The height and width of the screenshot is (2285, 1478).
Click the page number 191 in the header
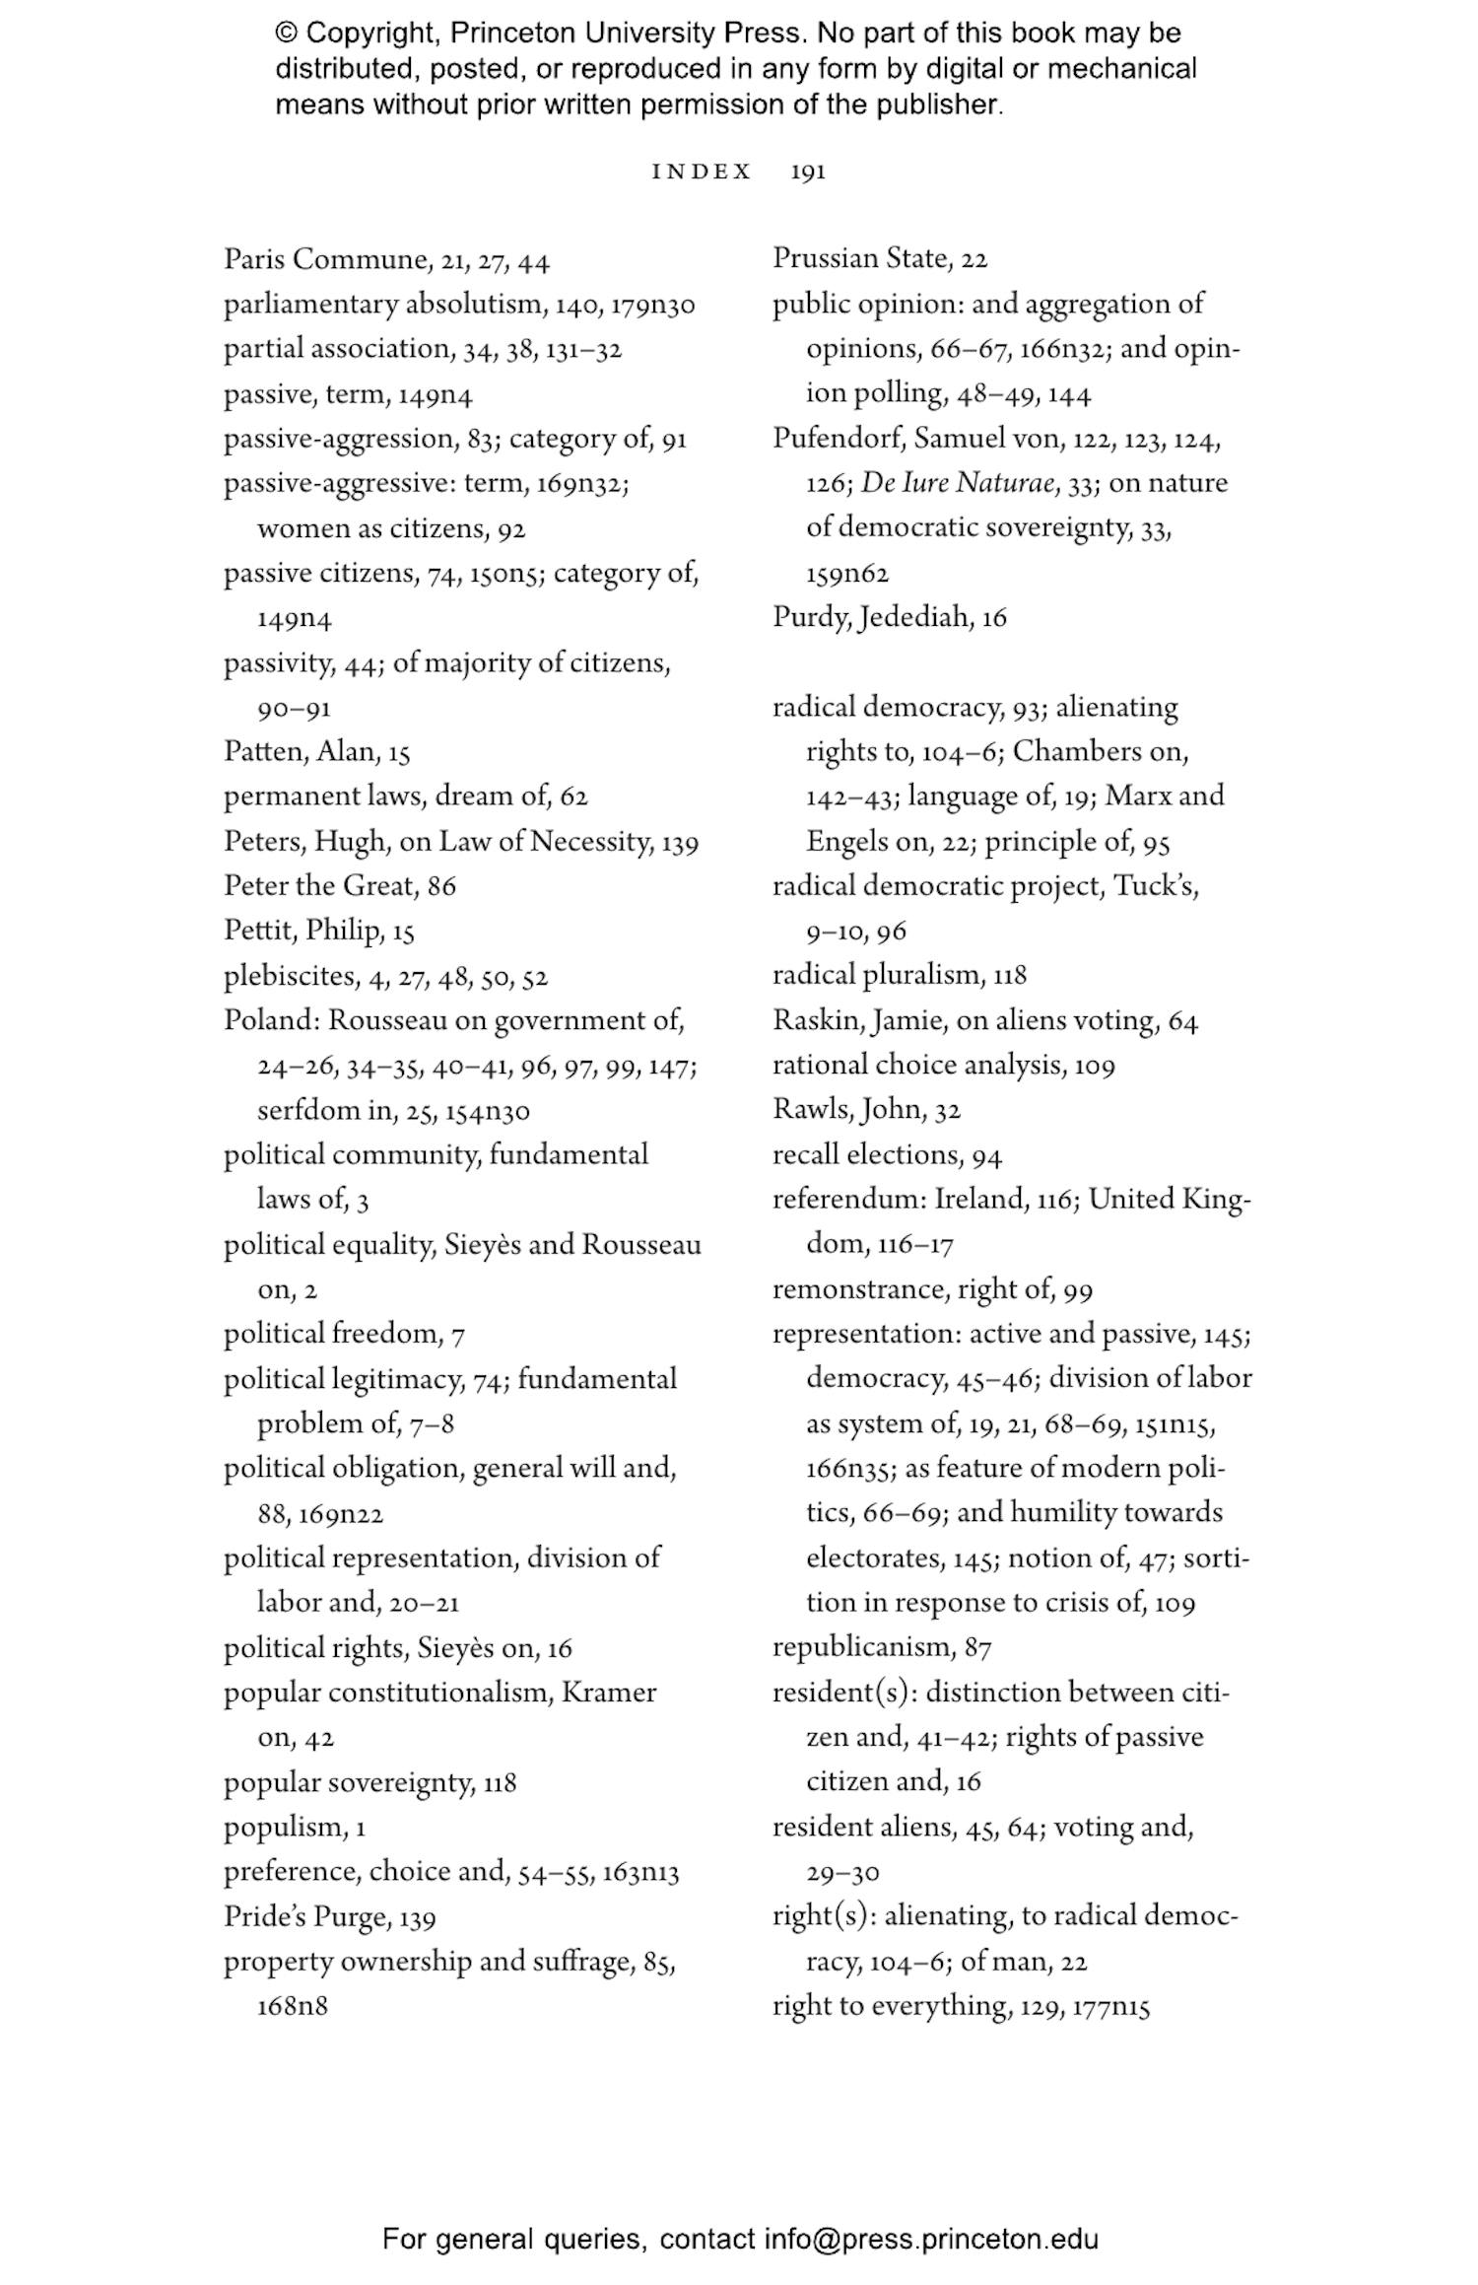coord(807,173)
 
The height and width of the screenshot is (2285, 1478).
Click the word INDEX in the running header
coord(702,173)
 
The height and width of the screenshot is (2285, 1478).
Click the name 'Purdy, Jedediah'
coord(872,618)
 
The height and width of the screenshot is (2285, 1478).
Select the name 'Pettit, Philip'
coord(302,931)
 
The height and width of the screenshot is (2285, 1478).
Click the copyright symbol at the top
coord(286,34)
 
